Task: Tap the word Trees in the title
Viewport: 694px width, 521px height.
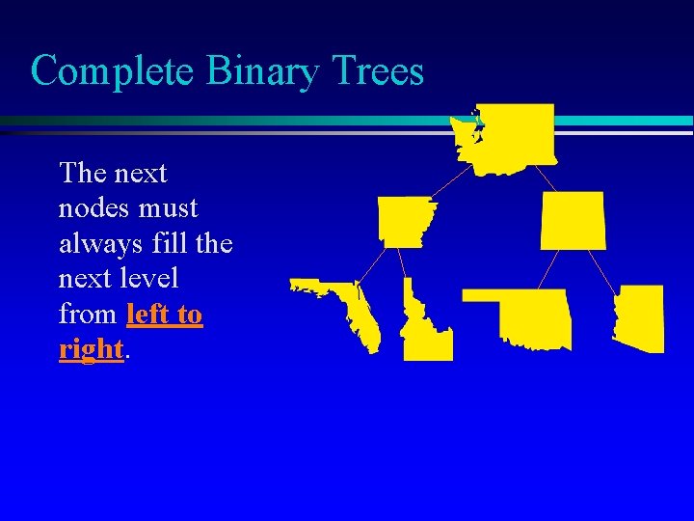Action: [378, 70]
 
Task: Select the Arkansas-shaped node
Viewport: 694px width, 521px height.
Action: [406, 221]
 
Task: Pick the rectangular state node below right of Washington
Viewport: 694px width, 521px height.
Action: [574, 220]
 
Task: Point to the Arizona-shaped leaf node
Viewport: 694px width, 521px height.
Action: [641, 318]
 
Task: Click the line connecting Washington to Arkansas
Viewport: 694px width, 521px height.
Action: [451, 183]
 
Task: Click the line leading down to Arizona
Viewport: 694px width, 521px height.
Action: [603, 267]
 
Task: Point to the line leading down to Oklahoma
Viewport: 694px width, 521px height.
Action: [550, 268]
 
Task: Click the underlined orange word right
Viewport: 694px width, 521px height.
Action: [92, 348]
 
